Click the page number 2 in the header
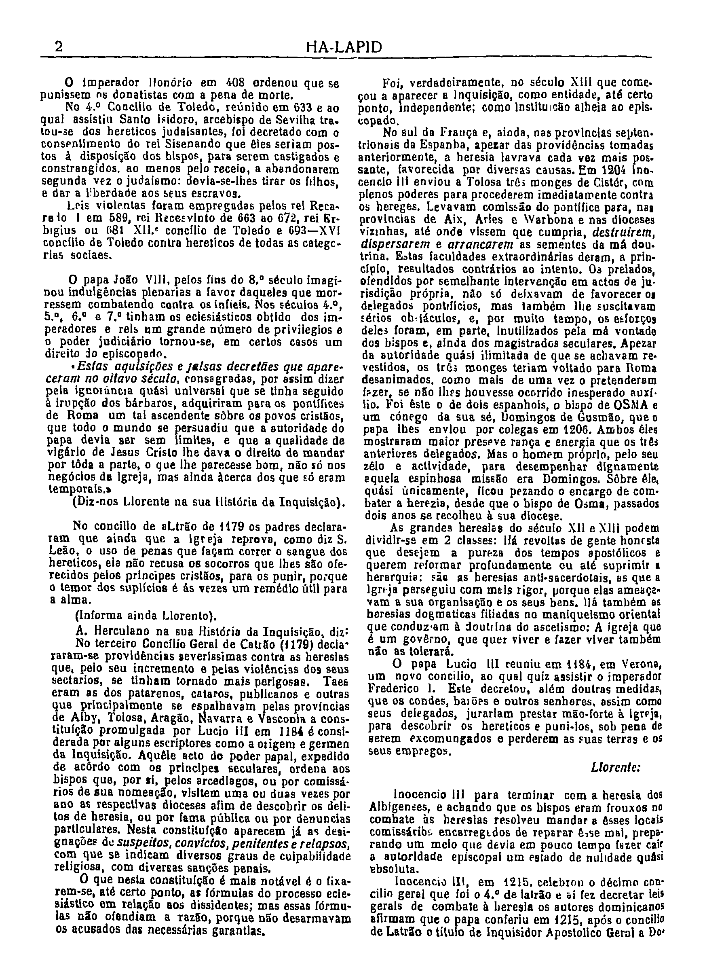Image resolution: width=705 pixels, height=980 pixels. pos(59,47)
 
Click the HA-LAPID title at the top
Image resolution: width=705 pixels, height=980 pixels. pos(344,47)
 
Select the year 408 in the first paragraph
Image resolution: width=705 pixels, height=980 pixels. pos(235,83)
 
